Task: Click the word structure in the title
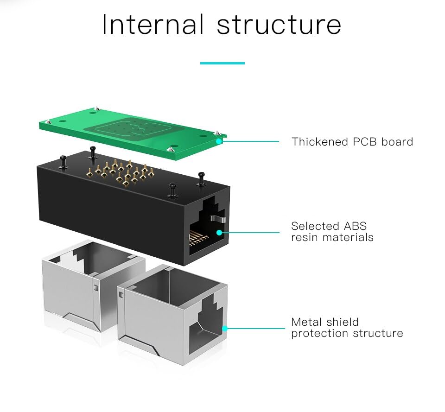tap(279, 25)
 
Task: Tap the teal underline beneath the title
tap(222, 63)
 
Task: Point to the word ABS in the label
tap(355, 226)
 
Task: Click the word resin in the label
tap(305, 238)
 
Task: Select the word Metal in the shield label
tap(307, 322)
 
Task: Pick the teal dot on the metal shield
tap(225, 329)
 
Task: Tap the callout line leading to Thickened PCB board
tap(253, 141)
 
